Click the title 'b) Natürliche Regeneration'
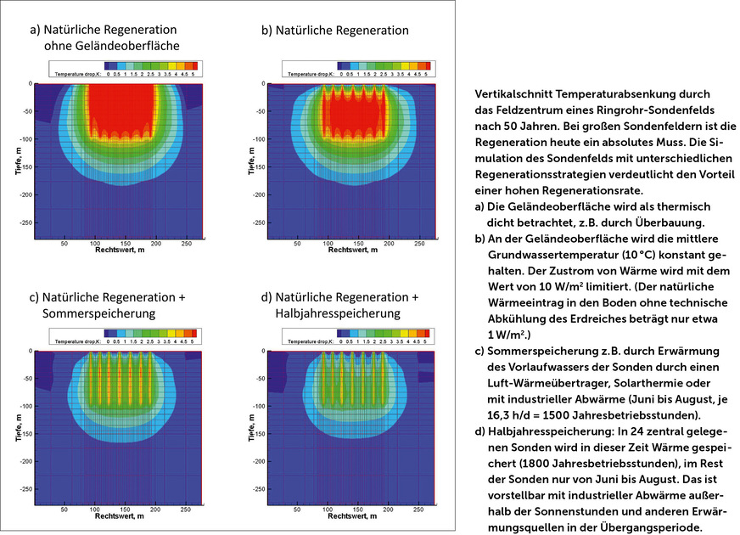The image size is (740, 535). pyautogui.click(x=334, y=31)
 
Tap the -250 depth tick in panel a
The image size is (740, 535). pyautogui.click(x=23, y=222)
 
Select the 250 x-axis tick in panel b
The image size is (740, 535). pyautogui.click(x=419, y=243)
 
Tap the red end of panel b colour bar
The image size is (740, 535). pyautogui.click(x=428, y=65)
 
